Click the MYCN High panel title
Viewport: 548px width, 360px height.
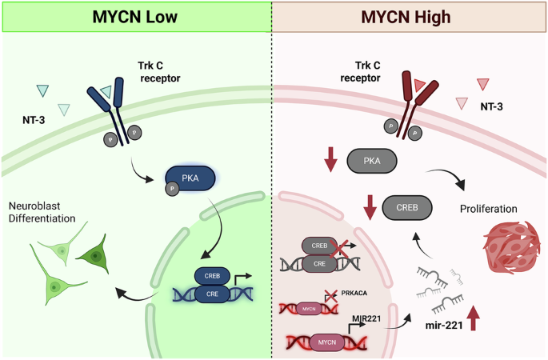(x=411, y=17)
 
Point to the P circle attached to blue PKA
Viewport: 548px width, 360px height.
(x=171, y=189)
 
